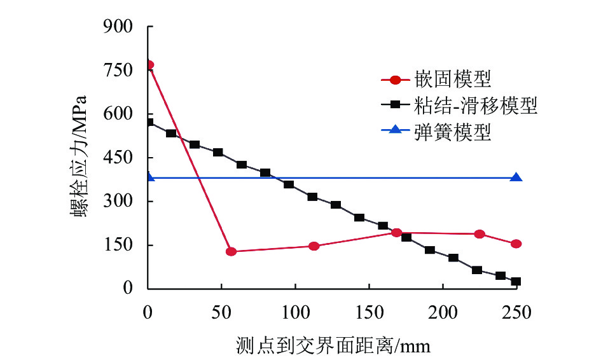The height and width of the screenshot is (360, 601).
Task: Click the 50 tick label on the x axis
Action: (221, 312)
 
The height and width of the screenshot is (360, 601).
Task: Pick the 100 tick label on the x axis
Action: (294, 312)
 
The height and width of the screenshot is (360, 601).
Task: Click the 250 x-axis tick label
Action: (516, 312)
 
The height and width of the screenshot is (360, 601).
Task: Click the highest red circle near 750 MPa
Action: (149, 65)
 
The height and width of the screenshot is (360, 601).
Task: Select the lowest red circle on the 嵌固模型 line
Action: (231, 252)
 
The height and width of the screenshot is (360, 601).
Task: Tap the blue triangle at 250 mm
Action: (516, 177)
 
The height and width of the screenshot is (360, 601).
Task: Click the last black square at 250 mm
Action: (516, 282)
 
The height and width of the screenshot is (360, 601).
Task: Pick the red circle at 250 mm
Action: (516, 244)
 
